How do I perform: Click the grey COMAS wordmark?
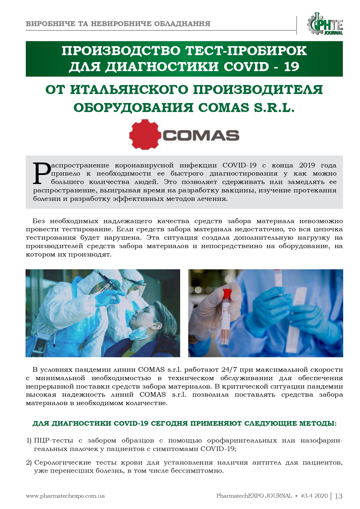pos(201,136)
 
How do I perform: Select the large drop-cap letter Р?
pos(42,173)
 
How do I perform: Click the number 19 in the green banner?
pos(291,66)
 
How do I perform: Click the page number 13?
pos(339,496)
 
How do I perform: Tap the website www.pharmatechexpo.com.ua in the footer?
pos(65,496)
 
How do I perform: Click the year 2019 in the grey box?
pos(307,165)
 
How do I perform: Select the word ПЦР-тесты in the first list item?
pos(54,441)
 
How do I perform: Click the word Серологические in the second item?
pos(62,463)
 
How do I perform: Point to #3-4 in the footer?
pos(307,496)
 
